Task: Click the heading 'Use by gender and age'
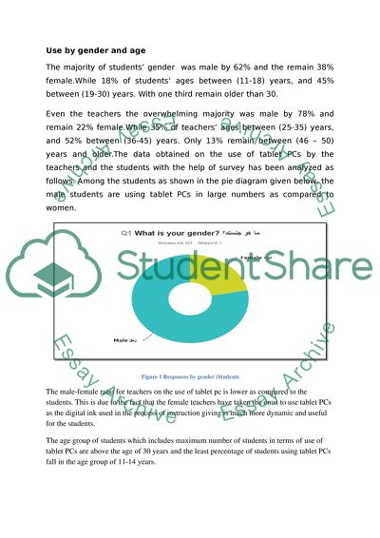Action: (x=92, y=49)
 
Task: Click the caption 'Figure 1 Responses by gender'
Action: (x=197, y=375)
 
